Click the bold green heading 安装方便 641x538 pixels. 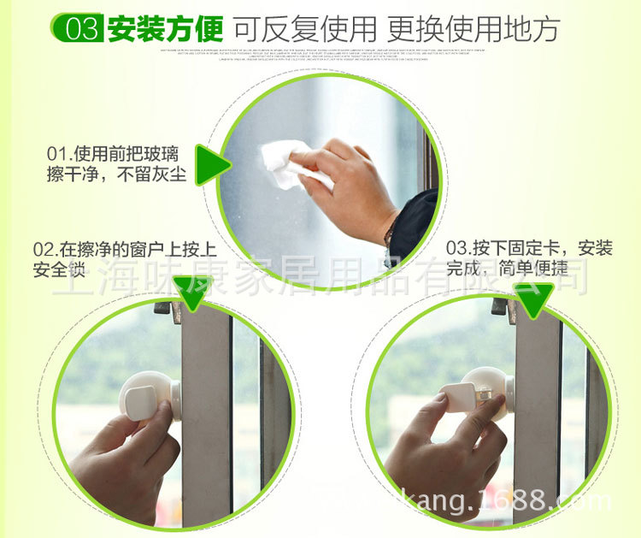click(165, 28)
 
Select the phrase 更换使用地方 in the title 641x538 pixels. click(473, 28)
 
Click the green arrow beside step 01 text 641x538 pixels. click(211, 164)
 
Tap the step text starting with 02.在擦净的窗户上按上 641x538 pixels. click(124, 249)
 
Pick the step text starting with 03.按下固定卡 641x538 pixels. click(529, 249)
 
